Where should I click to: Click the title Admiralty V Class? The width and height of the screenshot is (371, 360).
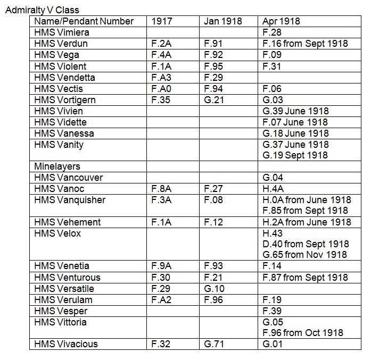click(42, 10)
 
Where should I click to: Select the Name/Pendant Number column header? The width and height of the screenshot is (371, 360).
click(84, 21)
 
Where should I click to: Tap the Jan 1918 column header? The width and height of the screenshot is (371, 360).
click(222, 21)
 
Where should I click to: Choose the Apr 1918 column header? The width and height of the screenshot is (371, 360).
click(281, 21)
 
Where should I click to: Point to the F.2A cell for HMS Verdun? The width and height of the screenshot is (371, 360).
click(161, 44)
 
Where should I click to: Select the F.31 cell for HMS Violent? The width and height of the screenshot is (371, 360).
click(272, 66)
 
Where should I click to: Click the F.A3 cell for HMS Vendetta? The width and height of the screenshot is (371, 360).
click(161, 78)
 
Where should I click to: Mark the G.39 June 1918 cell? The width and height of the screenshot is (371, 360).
click(295, 111)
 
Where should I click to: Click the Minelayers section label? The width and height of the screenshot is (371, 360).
click(57, 166)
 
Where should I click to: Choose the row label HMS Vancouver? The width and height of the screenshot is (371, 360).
click(68, 178)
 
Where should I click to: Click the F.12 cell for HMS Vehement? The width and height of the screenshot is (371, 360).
click(213, 222)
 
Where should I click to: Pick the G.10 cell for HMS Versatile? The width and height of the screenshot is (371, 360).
click(214, 289)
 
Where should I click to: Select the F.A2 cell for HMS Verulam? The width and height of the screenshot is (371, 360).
click(161, 300)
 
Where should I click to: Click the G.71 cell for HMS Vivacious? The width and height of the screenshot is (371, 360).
click(214, 344)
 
